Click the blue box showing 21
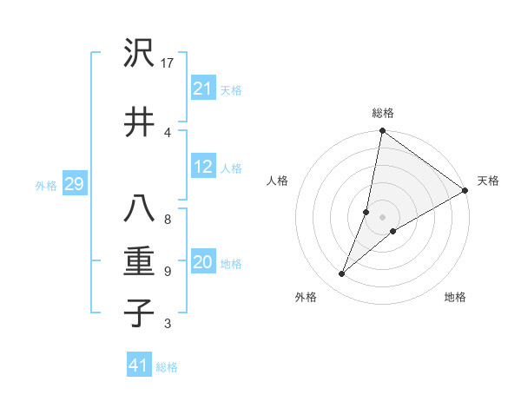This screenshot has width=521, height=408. pyautogui.click(x=202, y=89)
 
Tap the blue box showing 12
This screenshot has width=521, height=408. pyautogui.click(x=202, y=168)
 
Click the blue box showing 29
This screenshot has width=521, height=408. pyautogui.click(x=74, y=184)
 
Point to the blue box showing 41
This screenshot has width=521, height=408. pyautogui.click(x=139, y=365)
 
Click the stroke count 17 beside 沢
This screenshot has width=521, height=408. pyautogui.click(x=168, y=63)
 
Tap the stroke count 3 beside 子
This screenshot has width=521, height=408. pyautogui.click(x=167, y=324)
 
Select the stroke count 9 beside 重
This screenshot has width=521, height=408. pyautogui.click(x=167, y=271)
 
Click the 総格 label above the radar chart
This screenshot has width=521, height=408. pyautogui.click(x=383, y=113)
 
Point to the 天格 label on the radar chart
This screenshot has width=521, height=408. pyautogui.click(x=488, y=181)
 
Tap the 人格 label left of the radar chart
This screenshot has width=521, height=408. pyautogui.click(x=277, y=181)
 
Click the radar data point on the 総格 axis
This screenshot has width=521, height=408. pyautogui.click(x=382, y=131)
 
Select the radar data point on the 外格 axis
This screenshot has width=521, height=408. pyautogui.click(x=341, y=274)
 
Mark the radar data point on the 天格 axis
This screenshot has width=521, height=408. pyautogui.click(x=465, y=190)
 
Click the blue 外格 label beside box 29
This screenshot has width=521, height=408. pyautogui.click(x=45, y=185)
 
